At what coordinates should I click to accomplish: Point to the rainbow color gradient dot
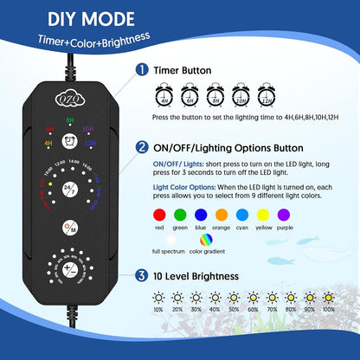click(204, 240)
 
